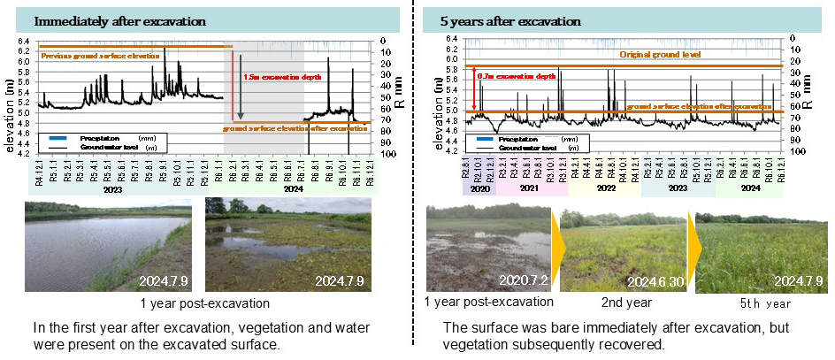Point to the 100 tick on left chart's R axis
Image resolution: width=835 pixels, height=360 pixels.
383,154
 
